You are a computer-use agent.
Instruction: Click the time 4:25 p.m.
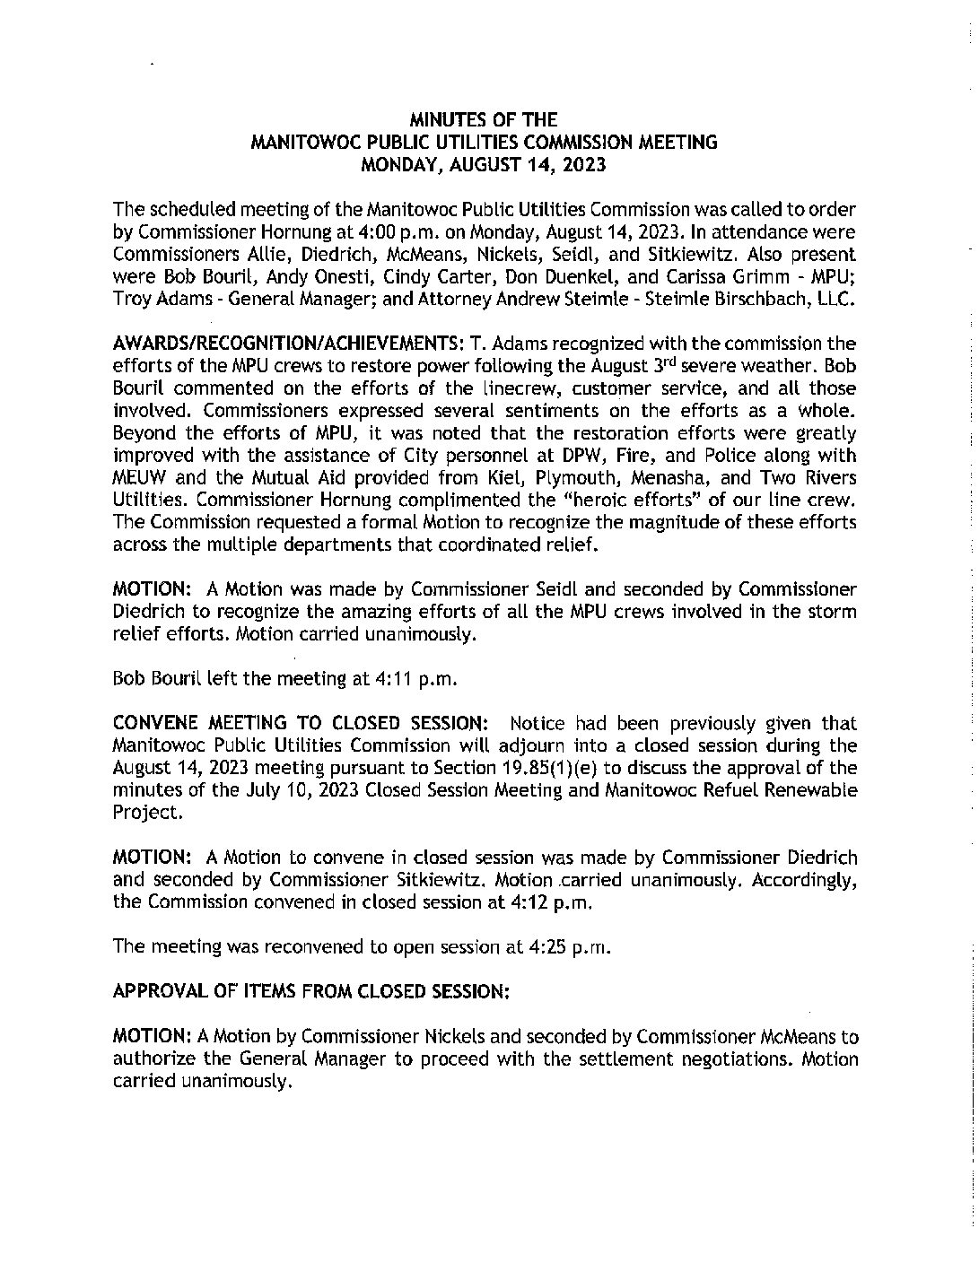pyautogui.click(x=565, y=947)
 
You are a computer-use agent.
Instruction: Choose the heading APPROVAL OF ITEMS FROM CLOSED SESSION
pyautogui.click(x=310, y=992)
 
